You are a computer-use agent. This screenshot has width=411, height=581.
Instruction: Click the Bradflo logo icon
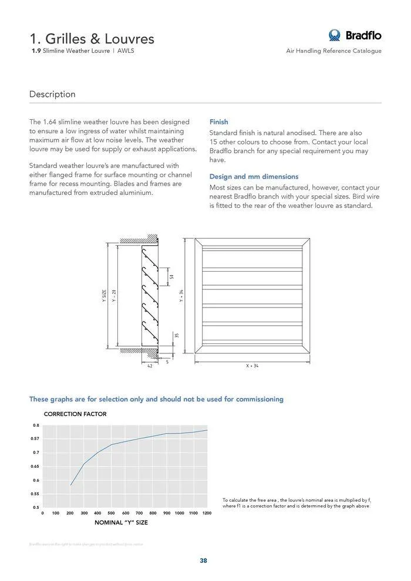pos(335,35)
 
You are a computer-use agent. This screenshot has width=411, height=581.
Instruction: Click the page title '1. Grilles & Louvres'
pos(92,39)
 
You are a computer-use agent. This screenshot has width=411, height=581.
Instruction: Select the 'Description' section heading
pos(52,94)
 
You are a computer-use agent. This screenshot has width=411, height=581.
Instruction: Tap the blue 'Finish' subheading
pos(218,122)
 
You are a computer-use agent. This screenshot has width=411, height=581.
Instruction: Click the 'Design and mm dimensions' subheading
pos(254,177)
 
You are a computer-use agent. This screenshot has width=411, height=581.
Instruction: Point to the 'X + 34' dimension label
pos(252,366)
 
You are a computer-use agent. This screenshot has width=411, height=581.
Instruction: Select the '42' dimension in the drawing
pos(149,366)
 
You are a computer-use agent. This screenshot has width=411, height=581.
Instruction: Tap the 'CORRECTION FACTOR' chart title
pos(75,414)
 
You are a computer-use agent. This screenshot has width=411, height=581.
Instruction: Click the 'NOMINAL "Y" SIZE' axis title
pos(121,522)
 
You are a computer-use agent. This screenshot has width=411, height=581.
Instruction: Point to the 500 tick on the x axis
pos(111,514)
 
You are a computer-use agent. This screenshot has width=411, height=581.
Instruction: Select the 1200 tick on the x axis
pos(207,514)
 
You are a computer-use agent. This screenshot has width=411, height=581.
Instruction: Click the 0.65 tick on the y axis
pos(35,467)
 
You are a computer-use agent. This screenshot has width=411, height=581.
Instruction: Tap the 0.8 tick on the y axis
pos(36,425)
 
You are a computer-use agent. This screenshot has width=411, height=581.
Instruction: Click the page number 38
pos(203,560)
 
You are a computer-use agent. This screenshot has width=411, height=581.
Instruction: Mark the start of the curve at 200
pos(70,485)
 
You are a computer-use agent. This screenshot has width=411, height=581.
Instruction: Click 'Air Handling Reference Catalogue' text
pos(333,51)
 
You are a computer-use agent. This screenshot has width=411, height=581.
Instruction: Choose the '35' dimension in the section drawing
pos(176,335)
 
